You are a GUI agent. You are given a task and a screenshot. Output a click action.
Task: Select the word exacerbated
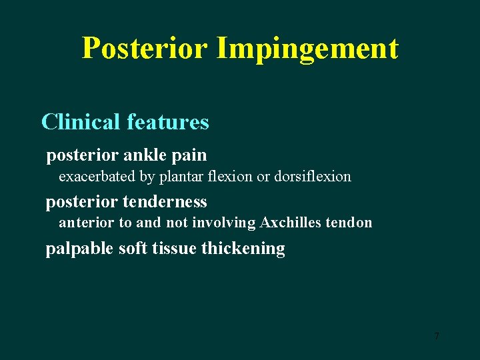point(97,177)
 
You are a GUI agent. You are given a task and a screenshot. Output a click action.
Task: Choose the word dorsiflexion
point(312,177)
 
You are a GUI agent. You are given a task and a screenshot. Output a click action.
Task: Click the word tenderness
point(165,201)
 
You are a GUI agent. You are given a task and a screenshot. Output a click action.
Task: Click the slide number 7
point(437,337)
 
